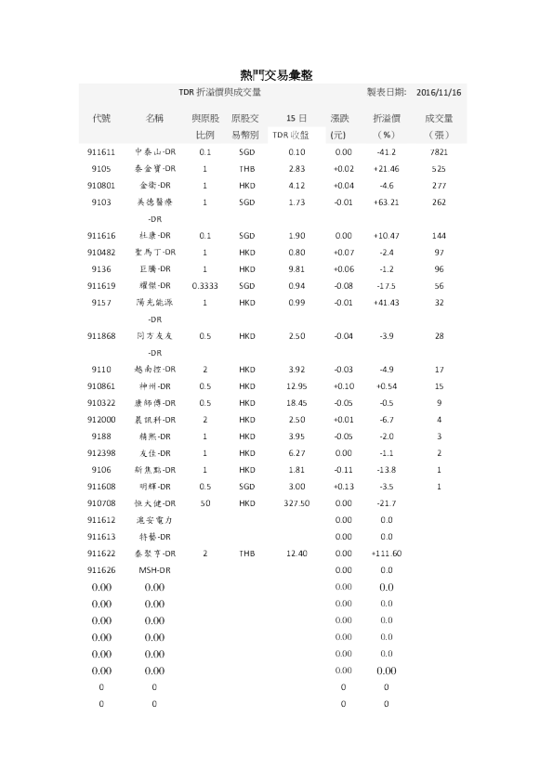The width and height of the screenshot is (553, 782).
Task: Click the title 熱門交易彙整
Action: point(277,73)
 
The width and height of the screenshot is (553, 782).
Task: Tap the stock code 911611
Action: point(102,151)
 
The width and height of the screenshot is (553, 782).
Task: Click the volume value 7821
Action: point(439,151)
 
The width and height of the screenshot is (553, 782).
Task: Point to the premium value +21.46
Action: point(386,168)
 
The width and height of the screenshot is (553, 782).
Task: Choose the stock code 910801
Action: point(102,185)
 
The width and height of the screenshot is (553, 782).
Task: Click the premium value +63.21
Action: point(386,202)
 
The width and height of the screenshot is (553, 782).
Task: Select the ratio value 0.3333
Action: point(204,285)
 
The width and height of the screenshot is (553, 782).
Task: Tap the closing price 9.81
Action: point(296,268)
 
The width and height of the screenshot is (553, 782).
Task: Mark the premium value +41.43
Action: point(386,302)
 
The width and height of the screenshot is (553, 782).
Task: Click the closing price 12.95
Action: point(296,385)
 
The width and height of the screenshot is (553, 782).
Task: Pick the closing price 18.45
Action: point(296,402)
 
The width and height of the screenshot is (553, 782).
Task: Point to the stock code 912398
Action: point(102,452)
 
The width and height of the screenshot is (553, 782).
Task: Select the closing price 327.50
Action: point(296,502)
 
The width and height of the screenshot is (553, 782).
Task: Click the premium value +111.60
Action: point(386,553)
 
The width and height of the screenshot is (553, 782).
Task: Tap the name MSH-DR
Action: point(153,569)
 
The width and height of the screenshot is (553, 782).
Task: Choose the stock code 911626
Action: point(102,569)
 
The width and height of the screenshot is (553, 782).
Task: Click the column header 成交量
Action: point(439,118)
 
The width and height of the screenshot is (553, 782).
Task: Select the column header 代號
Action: point(102,118)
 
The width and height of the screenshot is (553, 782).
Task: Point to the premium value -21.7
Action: point(386,502)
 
